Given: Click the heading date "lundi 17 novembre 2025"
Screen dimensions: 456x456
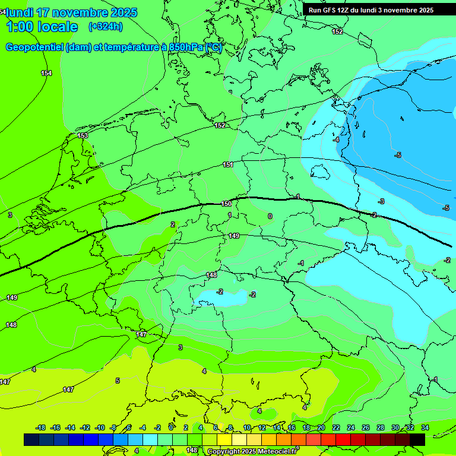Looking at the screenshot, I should pyautogui.click(x=71, y=12).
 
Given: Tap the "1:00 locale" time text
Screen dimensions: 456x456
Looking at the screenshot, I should pyautogui.click(x=42, y=27).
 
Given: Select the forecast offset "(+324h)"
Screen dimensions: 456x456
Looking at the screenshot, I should pyautogui.click(x=105, y=27).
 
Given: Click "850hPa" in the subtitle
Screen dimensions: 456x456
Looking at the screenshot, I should pyautogui.click(x=186, y=47).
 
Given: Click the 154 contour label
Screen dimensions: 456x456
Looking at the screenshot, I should pyautogui.click(x=46, y=73).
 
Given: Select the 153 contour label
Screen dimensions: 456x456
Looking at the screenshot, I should pyautogui.click(x=83, y=135).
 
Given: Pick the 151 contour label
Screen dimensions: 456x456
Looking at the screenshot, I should pyautogui.click(x=228, y=164).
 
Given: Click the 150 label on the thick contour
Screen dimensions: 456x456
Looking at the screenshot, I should pyautogui.click(x=226, y=204).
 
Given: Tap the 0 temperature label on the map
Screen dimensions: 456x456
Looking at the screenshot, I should pyautogui.click(x=270, y=216).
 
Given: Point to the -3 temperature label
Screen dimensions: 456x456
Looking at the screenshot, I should pyautogui.click(x=381, y=201).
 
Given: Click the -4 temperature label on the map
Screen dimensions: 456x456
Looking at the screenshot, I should pyautogui.click(x=336, y=140).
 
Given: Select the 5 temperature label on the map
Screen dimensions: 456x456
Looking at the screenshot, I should pyautogui.click(x=118, y=381).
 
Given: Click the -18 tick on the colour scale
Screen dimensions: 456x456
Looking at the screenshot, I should pyautogui.click(x=40, y=427).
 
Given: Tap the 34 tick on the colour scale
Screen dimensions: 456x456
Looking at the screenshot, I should pyautogui.click(x=425, y=427).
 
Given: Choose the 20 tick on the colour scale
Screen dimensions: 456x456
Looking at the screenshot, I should pyautogui.click(x=321, y=427).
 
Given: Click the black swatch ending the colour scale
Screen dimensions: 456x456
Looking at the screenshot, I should pyautogui.click(x=417, y=439).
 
